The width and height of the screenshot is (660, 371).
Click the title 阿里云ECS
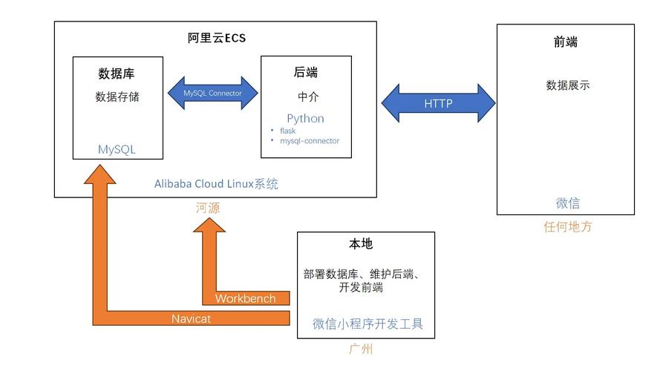pos(215,39)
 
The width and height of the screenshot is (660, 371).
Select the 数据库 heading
pos(117,73)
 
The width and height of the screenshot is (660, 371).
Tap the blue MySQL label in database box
pos(117,149)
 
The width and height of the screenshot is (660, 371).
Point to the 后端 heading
pos(306,73)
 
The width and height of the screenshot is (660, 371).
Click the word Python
pos(305,119)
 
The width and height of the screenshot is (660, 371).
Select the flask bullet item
pos(287,131)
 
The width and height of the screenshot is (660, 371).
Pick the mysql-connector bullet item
pos(309,141)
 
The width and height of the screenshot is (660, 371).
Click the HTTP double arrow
pos(438,103)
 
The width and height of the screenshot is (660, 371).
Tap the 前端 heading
pos(565,42)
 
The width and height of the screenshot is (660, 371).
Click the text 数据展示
pos(567,85)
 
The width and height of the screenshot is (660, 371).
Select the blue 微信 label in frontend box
pos(567,203)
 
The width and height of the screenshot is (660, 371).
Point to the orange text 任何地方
pos(567,227)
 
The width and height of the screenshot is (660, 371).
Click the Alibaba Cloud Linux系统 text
pos(216,184)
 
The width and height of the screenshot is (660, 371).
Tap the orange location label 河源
pos(208,209)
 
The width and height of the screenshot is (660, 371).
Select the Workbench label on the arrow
pos(245,298)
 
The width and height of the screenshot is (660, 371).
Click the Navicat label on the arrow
pos(192,318)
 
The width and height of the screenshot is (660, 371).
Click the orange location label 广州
pos(361,349)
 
